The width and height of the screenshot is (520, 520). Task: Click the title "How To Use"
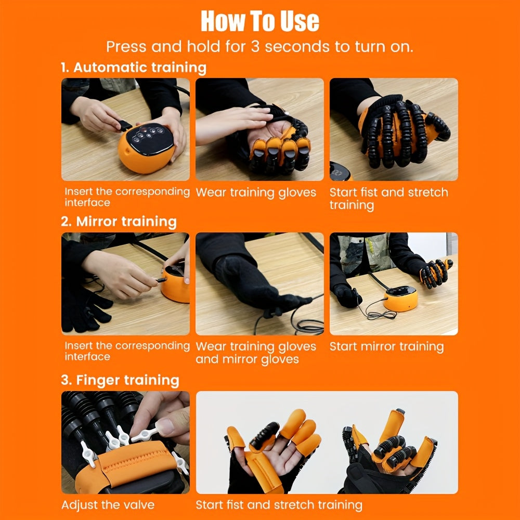pos(259,21)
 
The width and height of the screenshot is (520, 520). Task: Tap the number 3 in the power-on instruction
pos(255,47)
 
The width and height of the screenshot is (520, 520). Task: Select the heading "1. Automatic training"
pos(134,68)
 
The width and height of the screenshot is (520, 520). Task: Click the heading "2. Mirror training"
pos(119,222)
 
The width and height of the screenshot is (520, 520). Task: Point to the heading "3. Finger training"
pos(120,380)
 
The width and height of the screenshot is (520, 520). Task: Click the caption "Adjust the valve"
pos(108,505)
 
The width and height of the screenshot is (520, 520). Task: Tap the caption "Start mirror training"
pos(386,347)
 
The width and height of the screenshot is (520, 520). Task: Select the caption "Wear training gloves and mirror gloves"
pos(256,353)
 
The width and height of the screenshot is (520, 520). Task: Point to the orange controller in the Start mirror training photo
pos(400,300)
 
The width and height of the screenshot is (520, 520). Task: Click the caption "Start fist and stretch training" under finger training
pos(279,505)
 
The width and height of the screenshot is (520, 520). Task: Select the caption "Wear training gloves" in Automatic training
pos(256,192)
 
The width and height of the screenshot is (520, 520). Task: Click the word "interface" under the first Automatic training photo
pos(87,203)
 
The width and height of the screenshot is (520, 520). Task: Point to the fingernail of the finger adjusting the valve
pos(165,428)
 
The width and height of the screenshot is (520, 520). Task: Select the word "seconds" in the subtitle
pos(296,47)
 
